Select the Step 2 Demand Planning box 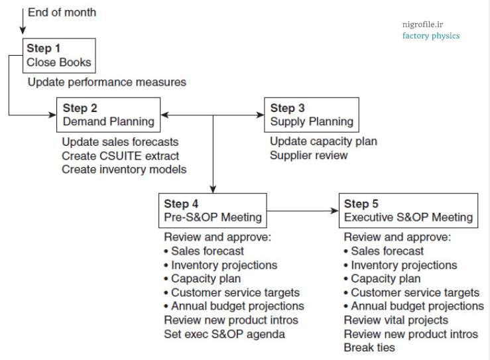pos(109,115)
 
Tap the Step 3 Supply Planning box pos(312,115)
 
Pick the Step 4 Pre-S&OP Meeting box pos(213,210)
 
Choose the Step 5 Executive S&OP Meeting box pos(408,210)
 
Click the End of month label pos(62,12)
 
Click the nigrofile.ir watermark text pos(422,25)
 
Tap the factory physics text pos(430,36)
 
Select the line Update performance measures pos(107,82)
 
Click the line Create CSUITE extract pos(120,155)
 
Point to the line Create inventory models pos(124,169)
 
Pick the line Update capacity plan pos(323,141)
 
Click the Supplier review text pos(308,155)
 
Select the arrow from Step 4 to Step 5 pos(302,211)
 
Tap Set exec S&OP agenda pos(224,333)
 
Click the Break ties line pos(369,347)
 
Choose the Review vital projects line pos(396,320)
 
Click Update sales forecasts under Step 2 pos(120,141)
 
